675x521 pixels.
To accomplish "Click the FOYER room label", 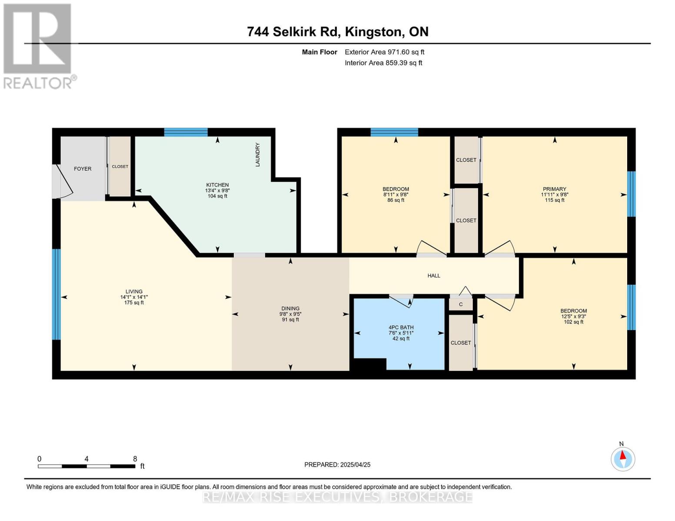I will point(83,169).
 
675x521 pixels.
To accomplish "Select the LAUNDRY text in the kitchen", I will point(257,155).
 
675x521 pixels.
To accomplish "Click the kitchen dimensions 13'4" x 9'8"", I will point(217,191).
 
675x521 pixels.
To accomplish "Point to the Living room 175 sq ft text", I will point(134,303).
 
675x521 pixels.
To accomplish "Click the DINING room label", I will point(290,309).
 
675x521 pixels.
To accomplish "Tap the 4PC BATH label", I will point(401,327).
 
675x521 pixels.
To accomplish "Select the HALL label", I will point(434,276).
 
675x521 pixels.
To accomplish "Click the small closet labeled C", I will point(461,304).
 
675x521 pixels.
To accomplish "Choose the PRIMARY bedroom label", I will point(555,189).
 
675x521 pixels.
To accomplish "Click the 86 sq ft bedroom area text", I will point(396,200).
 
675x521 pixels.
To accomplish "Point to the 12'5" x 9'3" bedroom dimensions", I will point(574,317).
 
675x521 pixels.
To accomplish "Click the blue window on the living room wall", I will point(56,294).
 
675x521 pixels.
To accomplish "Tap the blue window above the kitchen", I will point(186,132).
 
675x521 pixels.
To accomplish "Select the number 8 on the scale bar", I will point(135,459).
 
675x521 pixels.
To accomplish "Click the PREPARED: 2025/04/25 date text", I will point(337,465).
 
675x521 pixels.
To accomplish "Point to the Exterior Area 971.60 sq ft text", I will point(384,52).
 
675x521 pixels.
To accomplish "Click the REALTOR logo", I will point(38,46).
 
